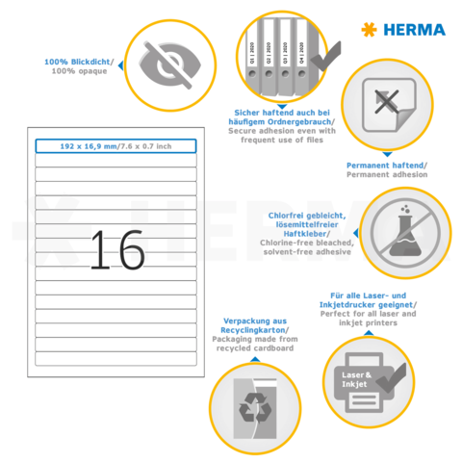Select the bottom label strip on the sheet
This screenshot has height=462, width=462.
pyautogui.click(x=115, y=360)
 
